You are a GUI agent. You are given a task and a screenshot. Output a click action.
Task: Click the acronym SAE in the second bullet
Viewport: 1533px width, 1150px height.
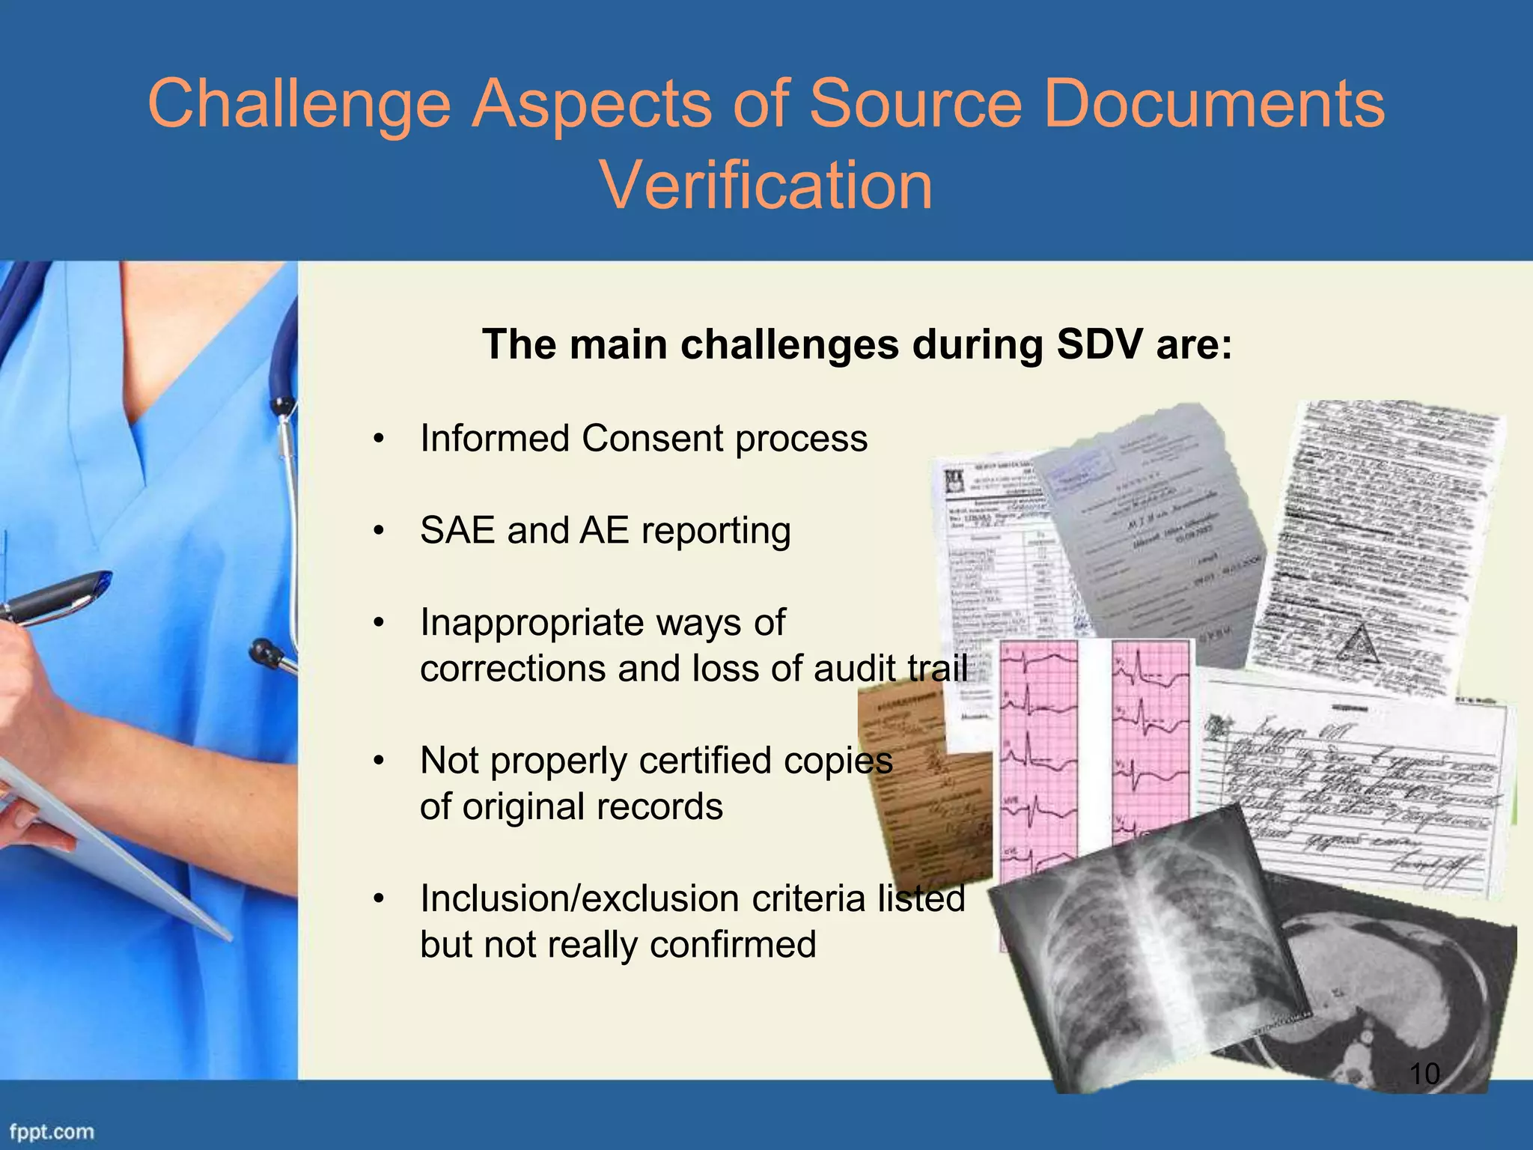pos(456,530)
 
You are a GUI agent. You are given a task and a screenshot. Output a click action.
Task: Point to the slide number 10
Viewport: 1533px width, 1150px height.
pos(1424,1074)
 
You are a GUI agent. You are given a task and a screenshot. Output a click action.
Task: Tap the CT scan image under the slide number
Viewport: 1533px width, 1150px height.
pos(1407,996)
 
